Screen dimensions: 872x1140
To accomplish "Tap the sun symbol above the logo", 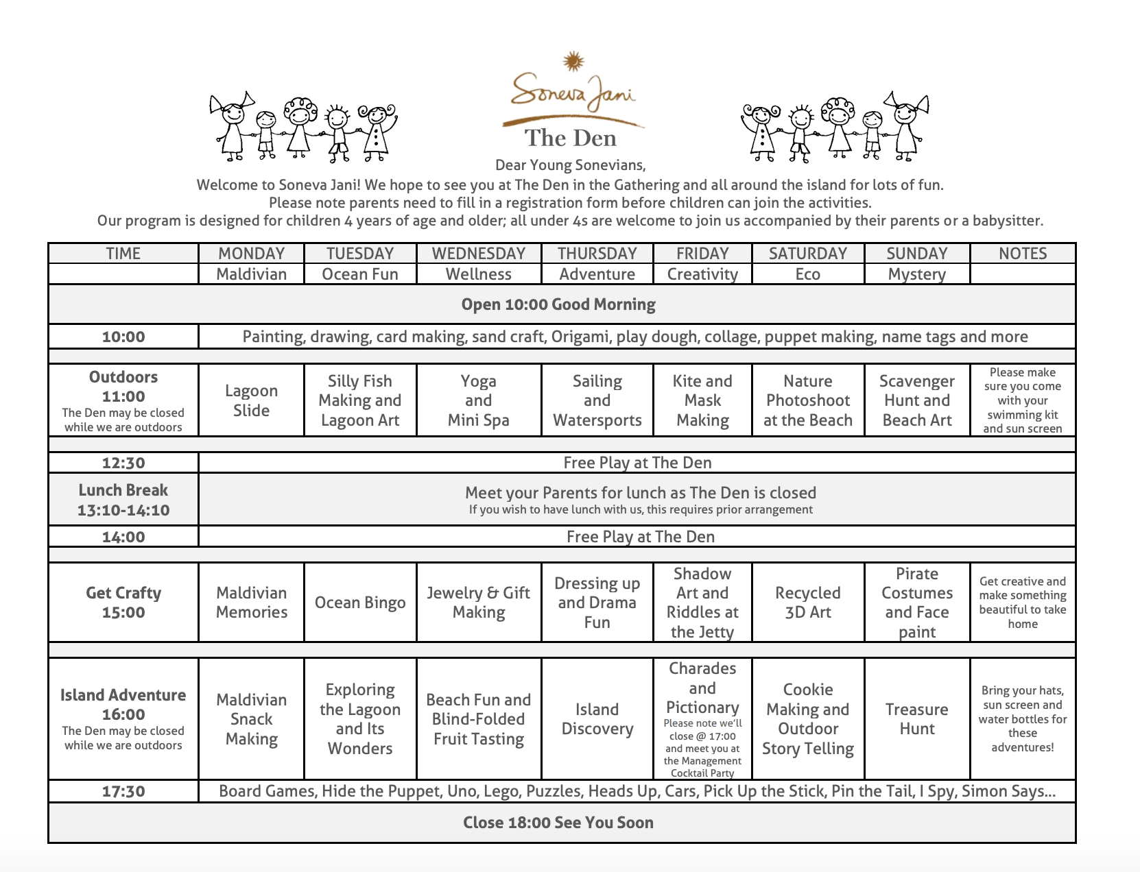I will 573,62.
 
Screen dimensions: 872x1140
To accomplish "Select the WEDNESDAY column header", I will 478,254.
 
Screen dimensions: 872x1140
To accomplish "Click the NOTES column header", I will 1022,254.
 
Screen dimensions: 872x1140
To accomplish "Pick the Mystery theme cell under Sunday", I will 916,274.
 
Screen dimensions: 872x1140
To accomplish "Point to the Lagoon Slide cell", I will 251,400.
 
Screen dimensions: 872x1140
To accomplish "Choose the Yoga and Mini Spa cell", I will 478,400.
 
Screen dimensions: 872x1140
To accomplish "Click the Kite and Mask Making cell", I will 702,400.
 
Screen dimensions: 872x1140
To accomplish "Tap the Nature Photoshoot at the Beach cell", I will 807,400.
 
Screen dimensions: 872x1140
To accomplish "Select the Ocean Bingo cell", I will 360,603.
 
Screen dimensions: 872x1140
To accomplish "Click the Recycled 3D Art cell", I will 807,603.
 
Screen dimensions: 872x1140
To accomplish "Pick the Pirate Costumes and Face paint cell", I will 916,603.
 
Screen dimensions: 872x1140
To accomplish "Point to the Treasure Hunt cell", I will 916,718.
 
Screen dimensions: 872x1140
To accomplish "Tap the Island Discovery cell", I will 597,718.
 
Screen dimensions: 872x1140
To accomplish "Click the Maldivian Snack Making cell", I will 251,718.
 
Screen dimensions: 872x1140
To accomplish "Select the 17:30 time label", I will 123,791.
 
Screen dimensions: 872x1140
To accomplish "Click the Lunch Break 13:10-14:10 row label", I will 123,500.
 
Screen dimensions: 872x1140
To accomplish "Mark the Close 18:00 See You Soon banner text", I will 558,823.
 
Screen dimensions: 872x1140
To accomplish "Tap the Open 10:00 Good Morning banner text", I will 558,304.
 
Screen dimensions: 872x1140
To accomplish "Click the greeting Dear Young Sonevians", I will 570,165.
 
